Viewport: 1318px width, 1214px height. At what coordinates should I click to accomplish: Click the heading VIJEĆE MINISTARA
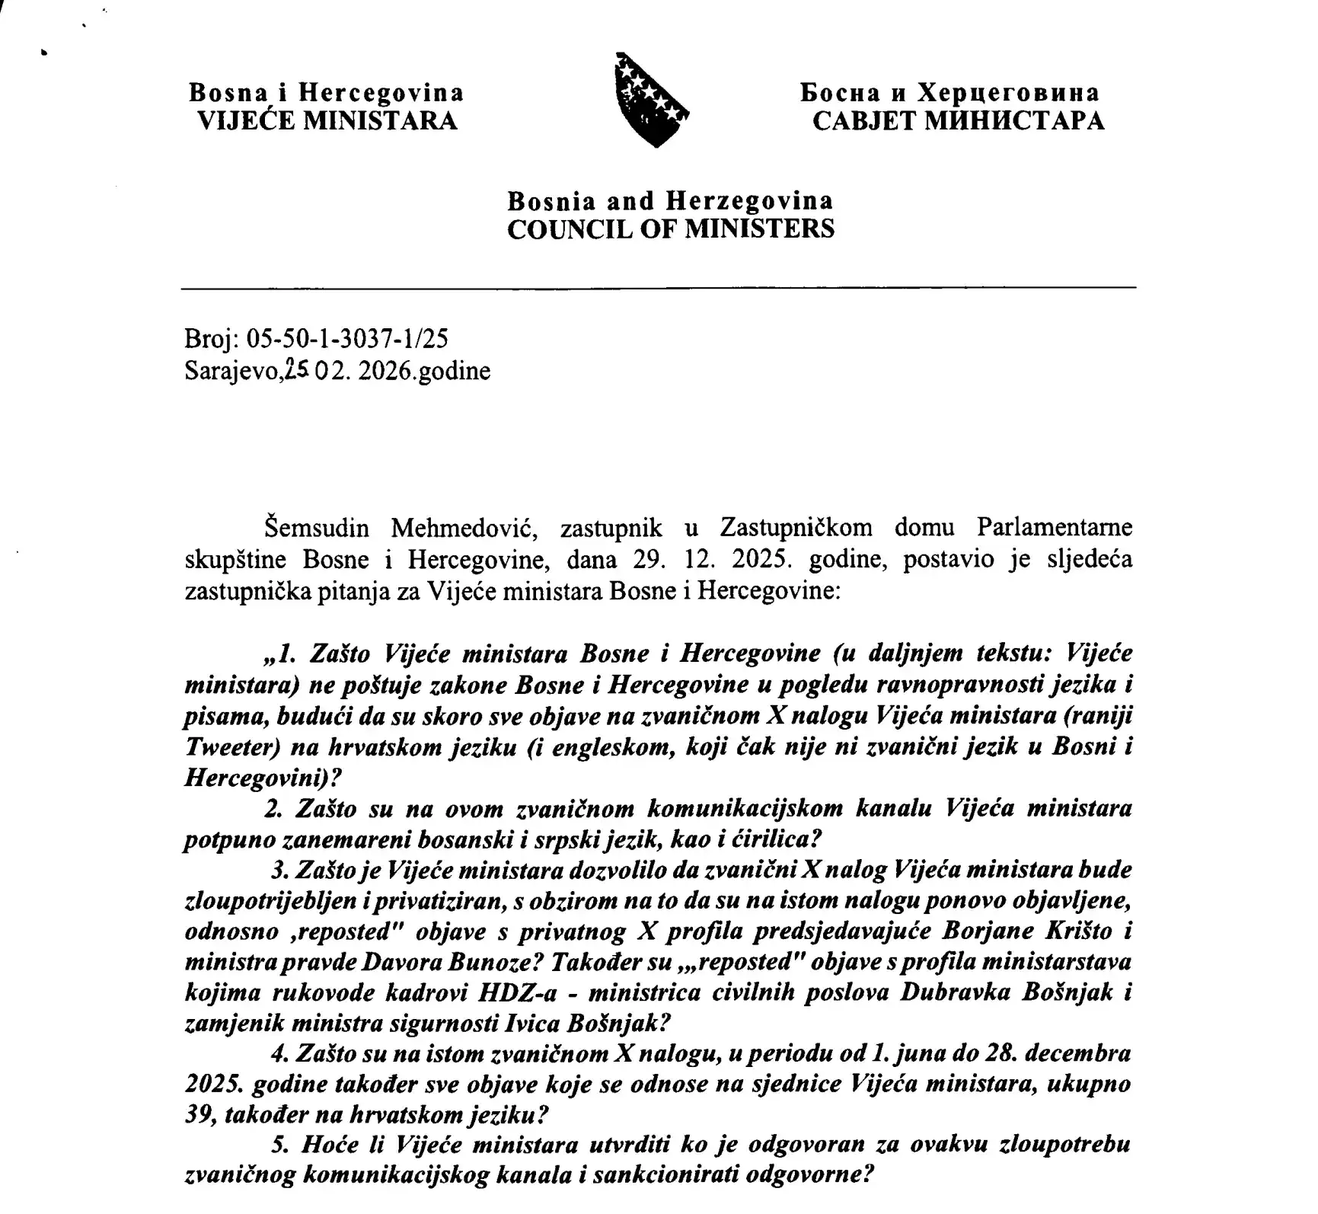coord(327,121)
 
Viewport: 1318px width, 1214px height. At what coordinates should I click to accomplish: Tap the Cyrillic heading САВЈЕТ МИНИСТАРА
coord(958,121)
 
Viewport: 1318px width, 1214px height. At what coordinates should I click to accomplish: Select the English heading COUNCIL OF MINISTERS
coord(671,229)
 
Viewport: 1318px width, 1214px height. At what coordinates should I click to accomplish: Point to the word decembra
coord(1075,1055)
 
